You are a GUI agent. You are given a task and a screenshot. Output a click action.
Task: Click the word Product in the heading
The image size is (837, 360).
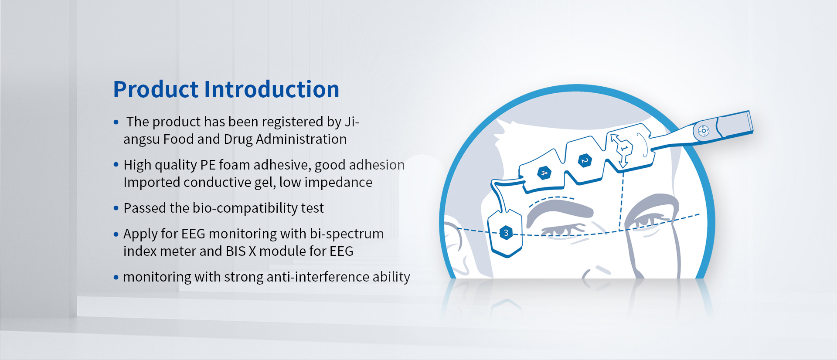[x=156, y=89]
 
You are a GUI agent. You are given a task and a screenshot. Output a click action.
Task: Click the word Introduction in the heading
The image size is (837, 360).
[x=272, y=89]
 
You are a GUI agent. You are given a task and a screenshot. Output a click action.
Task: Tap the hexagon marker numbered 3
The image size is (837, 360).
[x=506, y=233]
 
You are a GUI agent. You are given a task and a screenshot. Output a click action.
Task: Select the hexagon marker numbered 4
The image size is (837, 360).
[x=544, y=173]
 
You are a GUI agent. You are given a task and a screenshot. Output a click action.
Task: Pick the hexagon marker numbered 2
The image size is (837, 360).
[x=585, y=161]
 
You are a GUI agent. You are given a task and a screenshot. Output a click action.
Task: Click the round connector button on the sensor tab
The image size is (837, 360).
[x=704, y=131]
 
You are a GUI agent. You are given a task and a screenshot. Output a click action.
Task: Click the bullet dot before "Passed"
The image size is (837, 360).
[x=116, y=208]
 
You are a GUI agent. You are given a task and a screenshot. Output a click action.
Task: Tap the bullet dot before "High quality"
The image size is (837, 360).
[x=116, y=165]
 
